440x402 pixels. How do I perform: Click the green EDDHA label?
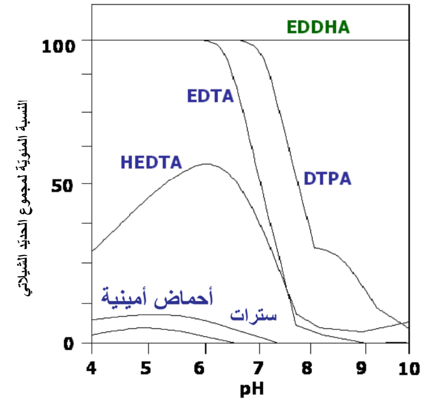click(318, 27)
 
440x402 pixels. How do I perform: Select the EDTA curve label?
click(210, 95)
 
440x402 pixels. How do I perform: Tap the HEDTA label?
click(151, 162)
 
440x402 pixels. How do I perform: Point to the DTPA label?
click(327, 178)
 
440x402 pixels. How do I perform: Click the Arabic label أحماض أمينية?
click(157, 297)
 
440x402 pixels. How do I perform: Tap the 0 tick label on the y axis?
click(68, 344)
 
